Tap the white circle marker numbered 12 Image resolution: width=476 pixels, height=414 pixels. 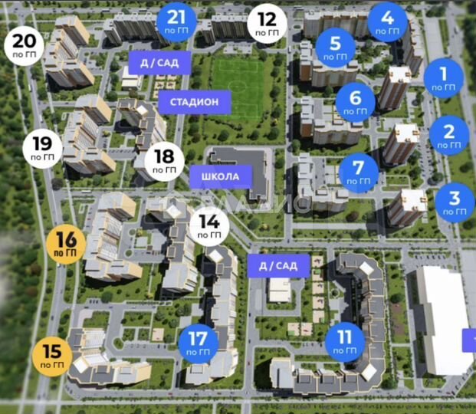click(267, 23)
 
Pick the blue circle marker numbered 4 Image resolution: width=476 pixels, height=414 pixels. click(387, 21)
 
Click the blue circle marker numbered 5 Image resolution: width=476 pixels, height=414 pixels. click(334, 48)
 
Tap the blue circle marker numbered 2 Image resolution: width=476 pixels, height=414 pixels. click(450, 136)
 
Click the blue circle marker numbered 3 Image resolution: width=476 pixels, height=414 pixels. click(455, 202)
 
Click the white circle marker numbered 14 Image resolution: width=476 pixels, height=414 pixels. click(209, 225)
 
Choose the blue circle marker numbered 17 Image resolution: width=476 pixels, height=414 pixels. click(198, 342)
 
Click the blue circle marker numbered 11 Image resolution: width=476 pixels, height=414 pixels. click(344, 342)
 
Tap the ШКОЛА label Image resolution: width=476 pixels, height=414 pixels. click(220, 177)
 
